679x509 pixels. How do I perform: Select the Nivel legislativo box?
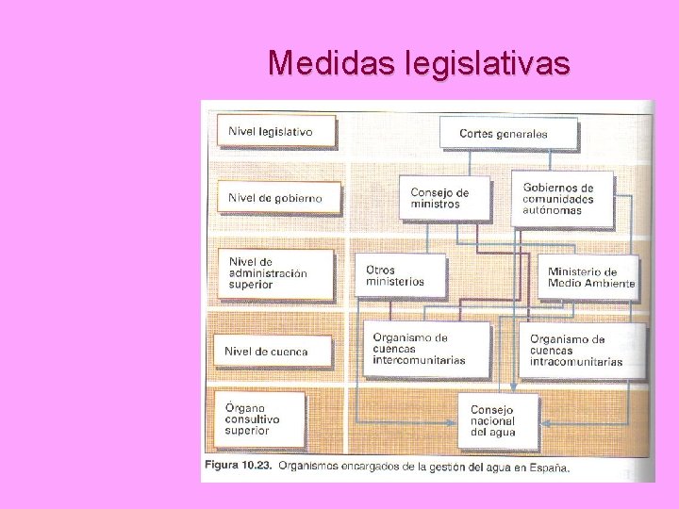pyautogui.click(x=276, y=132)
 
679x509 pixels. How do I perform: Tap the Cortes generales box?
pyautogui.click(x=502, y=133)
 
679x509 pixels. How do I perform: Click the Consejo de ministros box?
pyautogui.click(x=444, y=198)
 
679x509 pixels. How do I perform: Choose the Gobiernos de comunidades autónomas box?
pyautogui.click(x=561, y=198)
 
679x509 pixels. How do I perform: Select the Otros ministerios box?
pyautogui.click(x=399, y=275)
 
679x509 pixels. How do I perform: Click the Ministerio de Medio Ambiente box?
pyautogui.click(x=589, y=277)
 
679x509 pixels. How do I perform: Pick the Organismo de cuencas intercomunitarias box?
pyautogui.click(x=427, y=349)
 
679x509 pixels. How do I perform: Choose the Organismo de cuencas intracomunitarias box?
pyautogui.click(x=582, y=350)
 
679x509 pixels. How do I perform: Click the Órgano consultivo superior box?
pyautogui.click(x=260, y=419)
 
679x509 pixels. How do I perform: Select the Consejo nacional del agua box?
pyautogui.click(x=497, y=420)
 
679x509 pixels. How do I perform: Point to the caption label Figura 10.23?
pyautogui.click(x=237, y=466)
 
